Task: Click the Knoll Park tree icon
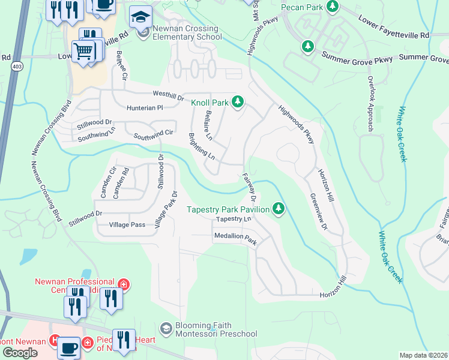238,102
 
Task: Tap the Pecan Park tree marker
331,8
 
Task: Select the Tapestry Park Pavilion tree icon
278,209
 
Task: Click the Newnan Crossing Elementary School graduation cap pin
140,17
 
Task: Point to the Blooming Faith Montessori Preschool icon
166,328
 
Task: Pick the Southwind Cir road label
153,135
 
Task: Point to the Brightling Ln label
202,146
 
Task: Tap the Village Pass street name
127,224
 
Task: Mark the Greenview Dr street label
319,211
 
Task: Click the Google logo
20,352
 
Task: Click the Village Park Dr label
166,209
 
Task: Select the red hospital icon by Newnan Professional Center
122,283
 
